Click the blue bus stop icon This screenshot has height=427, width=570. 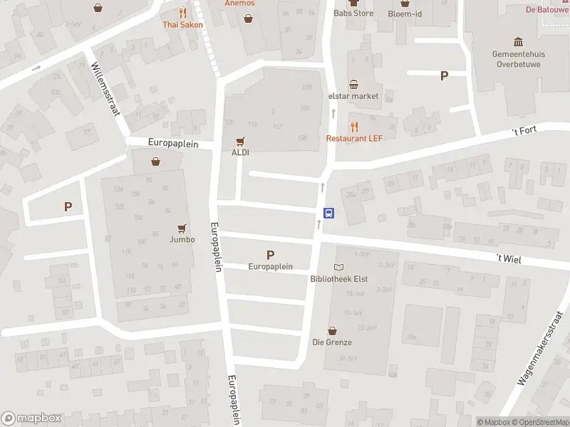point(329,212)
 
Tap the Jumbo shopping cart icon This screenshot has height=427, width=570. point(182,228)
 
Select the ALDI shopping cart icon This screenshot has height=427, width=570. point(240,141)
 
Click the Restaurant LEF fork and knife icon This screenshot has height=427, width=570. point(354,126)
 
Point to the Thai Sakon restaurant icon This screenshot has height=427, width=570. point(182,13)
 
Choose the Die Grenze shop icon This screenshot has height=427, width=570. point(332,330)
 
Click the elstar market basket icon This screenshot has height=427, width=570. point(353,85)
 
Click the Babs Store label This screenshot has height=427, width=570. point(353,13)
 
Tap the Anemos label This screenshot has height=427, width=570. point(239,4)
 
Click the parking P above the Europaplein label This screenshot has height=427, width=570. point(270,254)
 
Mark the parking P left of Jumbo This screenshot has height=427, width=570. point(68,207)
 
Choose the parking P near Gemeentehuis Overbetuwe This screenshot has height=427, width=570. point(445,75)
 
